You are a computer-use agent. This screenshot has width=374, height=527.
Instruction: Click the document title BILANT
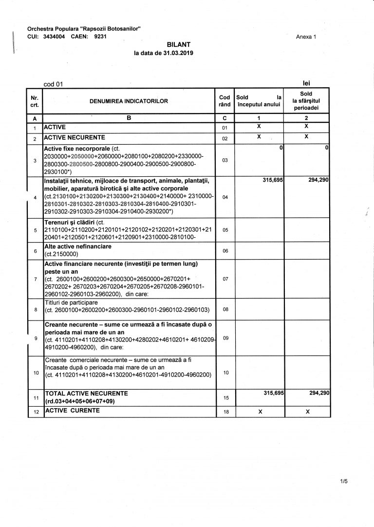175,44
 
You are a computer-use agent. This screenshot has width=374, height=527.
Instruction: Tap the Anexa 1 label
306,37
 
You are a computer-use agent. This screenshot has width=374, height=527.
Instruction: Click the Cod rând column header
224,101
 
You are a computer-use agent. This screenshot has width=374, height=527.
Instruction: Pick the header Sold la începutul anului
259,101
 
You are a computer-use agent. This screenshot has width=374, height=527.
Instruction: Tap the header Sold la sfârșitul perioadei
306,101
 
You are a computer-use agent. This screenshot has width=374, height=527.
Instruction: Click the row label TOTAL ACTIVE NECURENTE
86,393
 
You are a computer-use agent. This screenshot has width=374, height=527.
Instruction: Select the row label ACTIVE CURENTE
72,411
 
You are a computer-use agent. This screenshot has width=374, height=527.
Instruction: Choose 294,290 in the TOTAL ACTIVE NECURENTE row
319,393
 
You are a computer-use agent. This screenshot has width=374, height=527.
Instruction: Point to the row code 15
225,398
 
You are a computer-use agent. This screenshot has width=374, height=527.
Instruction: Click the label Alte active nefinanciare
78,247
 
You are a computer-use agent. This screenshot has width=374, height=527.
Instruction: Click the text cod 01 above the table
54,84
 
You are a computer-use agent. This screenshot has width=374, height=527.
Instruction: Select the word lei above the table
306,83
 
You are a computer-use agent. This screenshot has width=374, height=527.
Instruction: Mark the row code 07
225,279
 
